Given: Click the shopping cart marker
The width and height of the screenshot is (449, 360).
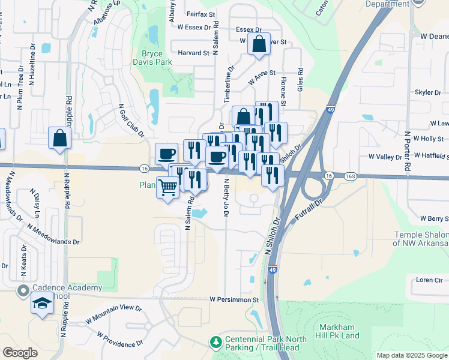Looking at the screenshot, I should coord(167,188).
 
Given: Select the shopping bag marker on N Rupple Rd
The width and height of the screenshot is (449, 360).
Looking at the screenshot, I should coord(61,138).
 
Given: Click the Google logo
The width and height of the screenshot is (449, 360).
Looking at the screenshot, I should coord(20,353).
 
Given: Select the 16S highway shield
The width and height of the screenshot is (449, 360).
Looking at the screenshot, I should coord(351,176).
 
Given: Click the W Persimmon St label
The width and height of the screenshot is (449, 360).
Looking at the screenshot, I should coord(234,299).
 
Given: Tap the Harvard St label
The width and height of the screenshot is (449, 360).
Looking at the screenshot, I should coord(193,53).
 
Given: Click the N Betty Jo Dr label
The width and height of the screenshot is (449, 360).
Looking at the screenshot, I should coord(227,198).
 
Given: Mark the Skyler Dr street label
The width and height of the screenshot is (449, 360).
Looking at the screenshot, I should coord(427,93).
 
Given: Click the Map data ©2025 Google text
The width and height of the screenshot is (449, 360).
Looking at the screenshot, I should coord(411,355).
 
